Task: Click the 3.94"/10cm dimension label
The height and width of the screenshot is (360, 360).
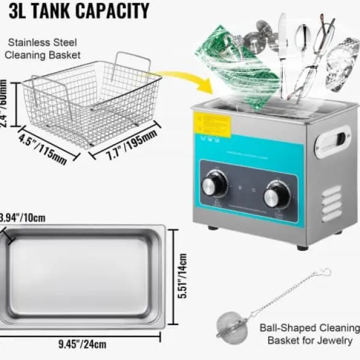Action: coord(23,217)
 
